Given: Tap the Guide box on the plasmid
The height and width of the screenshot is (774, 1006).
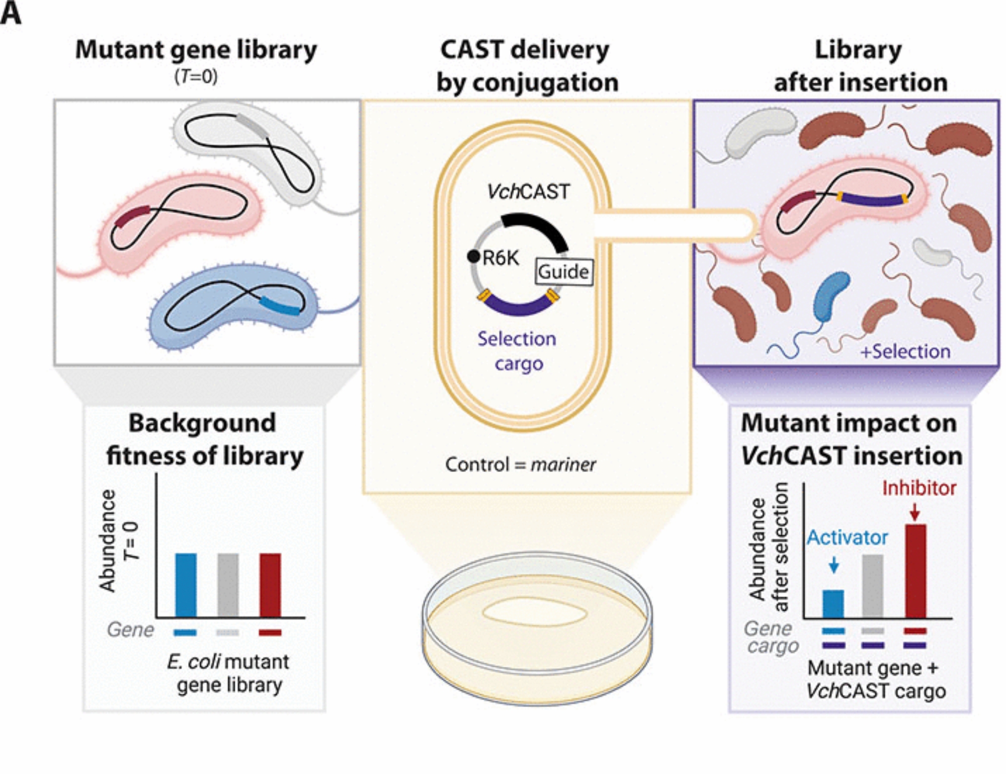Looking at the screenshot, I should click(x=563, y=272).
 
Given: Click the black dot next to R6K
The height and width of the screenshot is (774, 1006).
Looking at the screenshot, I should click(x=473, y=257).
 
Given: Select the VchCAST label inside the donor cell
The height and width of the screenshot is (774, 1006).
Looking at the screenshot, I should click(x=528, y=192).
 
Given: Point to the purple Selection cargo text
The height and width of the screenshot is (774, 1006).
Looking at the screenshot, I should click(x=517, y=351).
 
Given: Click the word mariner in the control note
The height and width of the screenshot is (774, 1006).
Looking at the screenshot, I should click(x=563, y=465).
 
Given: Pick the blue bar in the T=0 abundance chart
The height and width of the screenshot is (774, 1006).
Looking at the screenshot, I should click(x=186, y=585).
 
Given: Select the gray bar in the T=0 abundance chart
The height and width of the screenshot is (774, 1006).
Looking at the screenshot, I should click(x=228, y=585).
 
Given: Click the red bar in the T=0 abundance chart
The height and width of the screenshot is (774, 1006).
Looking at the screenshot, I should click(x=270, y=585).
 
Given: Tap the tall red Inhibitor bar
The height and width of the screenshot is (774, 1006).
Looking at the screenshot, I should click(x=915, y=571).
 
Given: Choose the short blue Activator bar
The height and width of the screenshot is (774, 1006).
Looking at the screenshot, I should click(x=833, y=603).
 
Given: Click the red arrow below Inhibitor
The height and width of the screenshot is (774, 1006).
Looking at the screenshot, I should click(x=915, y=512).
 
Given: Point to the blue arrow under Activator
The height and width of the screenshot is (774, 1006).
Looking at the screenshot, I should click(x=833, y=565).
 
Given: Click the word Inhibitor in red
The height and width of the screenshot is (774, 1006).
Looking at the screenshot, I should click(x=919, y=488).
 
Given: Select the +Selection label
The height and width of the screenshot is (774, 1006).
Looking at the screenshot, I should click(x=905, y=351).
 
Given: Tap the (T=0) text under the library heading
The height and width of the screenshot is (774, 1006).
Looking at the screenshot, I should click(x=196, y=76).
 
